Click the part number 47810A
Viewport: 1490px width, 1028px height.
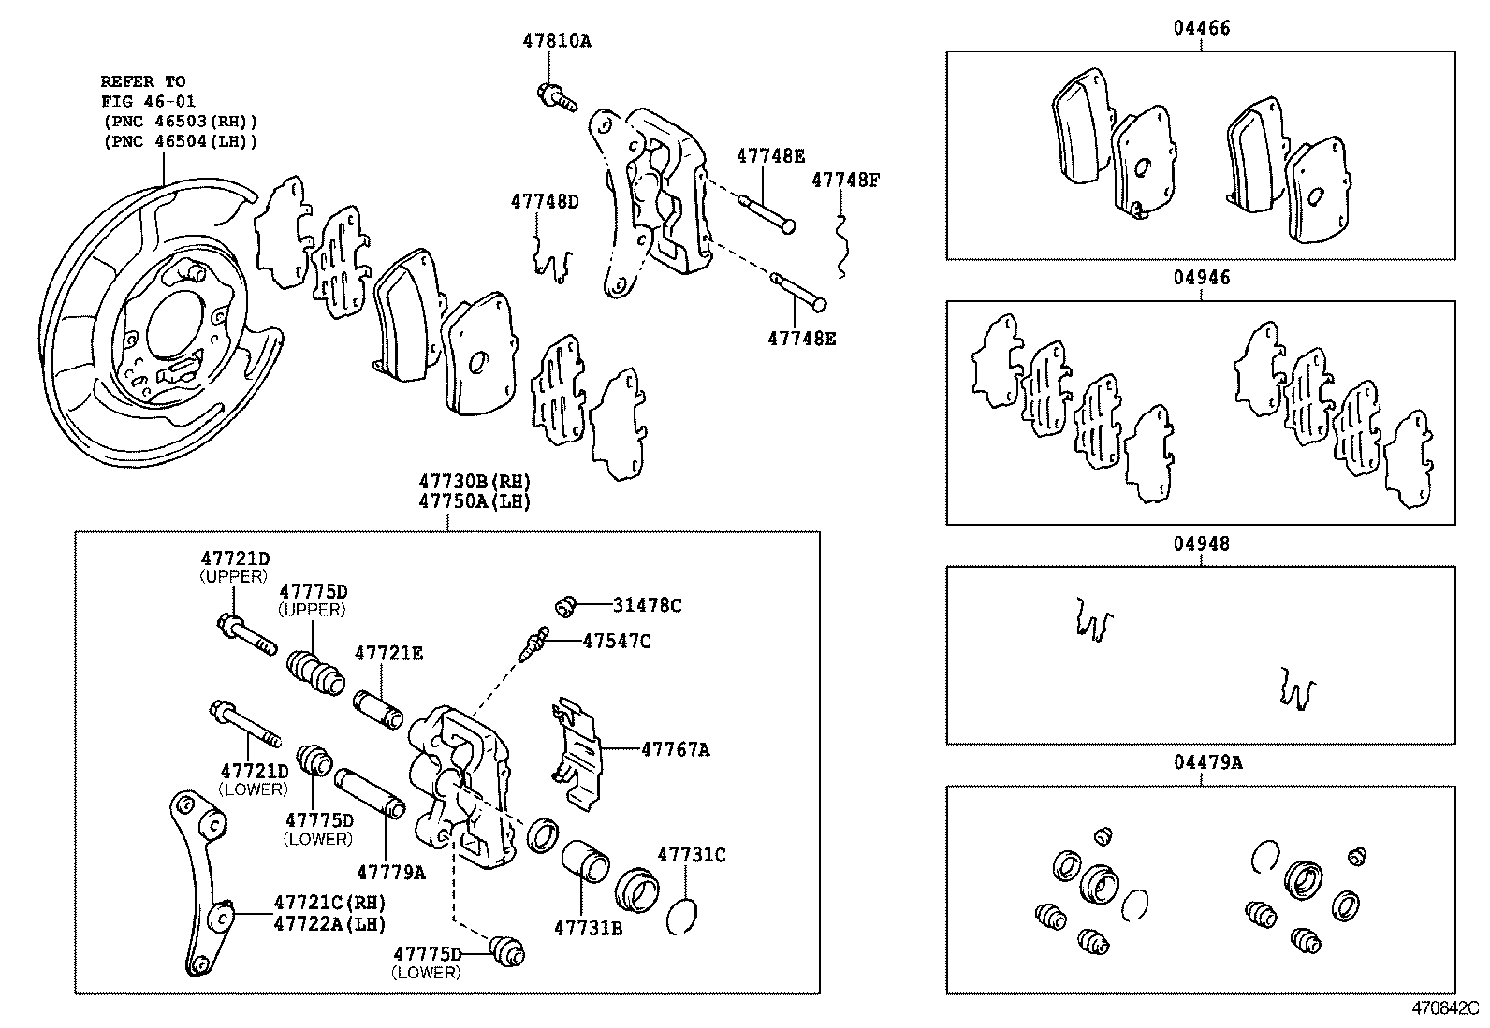click(x=557, y=41)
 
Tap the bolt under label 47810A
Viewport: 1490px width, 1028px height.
click(x=557, y=97)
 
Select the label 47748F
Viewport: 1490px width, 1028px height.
click(x=845, y=181)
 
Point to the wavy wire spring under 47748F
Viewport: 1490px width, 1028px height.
click(x=841, y=245)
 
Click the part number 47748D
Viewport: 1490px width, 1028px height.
click(x=545, y=201)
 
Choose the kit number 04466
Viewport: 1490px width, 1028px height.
click(x=1202, y=28)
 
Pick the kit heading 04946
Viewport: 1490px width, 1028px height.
click(x=1202, y=277)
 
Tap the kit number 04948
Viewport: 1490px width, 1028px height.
click(x=1202, y=543)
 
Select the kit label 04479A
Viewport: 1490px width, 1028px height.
click(x=1208, y=762)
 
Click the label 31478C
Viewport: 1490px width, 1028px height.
click(x=648, y=605)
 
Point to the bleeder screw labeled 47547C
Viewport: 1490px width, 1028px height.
click(x=534, y=644)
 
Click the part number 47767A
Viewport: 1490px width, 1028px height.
click(x=676, y=749)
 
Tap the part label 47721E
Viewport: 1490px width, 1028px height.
click(x=388, y=653)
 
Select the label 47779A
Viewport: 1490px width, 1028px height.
click(x=391, y=872)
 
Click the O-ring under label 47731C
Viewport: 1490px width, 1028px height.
click(x=681, y=917)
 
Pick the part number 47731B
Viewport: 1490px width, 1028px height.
click(x=588, y=928)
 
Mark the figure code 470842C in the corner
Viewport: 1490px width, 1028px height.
click(x=1445, y=1008)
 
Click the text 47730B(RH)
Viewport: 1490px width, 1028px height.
click(x=475, y=481)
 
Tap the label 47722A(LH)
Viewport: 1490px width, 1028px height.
click(x=330, y=923)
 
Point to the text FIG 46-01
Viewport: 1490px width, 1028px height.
click(x=148, y=102)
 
